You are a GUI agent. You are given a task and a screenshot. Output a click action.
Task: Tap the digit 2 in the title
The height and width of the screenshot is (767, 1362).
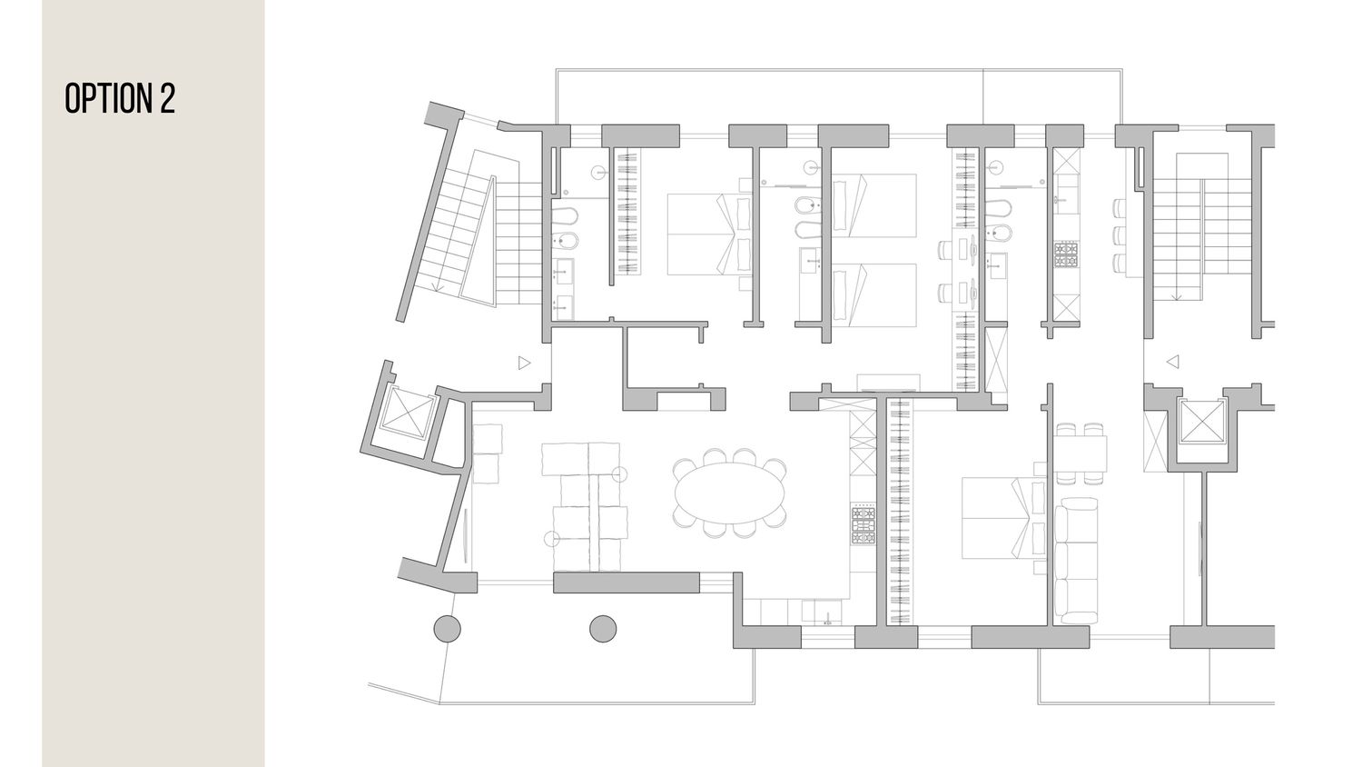(168, 98)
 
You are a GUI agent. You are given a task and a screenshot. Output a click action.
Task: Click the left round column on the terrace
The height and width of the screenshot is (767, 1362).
(447, 628)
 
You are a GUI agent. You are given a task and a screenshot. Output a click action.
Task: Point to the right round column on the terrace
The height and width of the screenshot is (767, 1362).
(603, 628)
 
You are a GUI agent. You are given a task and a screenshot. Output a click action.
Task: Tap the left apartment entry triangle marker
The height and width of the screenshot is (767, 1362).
(524, 363)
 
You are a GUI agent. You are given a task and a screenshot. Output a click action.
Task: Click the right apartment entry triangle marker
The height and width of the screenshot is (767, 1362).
(1172, 362)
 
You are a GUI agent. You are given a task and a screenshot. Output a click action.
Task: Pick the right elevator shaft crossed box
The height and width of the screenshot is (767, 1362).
(1202, 422)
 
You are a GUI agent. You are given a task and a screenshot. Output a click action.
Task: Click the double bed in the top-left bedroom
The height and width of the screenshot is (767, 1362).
(709, 234)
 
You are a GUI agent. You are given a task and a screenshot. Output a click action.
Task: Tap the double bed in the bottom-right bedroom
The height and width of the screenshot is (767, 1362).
(1003, 518)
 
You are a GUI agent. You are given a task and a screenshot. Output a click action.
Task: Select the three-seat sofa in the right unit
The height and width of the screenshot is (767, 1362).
(1076, 560)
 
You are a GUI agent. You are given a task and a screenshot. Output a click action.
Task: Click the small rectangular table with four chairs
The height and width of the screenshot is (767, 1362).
(1081, 453)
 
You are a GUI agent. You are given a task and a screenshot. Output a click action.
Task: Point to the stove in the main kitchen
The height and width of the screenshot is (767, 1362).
(863, 523)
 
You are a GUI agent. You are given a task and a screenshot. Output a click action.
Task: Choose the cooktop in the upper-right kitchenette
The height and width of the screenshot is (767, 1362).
(1066, 255)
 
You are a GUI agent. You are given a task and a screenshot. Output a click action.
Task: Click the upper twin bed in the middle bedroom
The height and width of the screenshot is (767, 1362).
(873, 205)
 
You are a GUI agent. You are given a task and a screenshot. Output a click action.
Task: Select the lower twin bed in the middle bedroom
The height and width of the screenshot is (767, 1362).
(873, 294)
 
